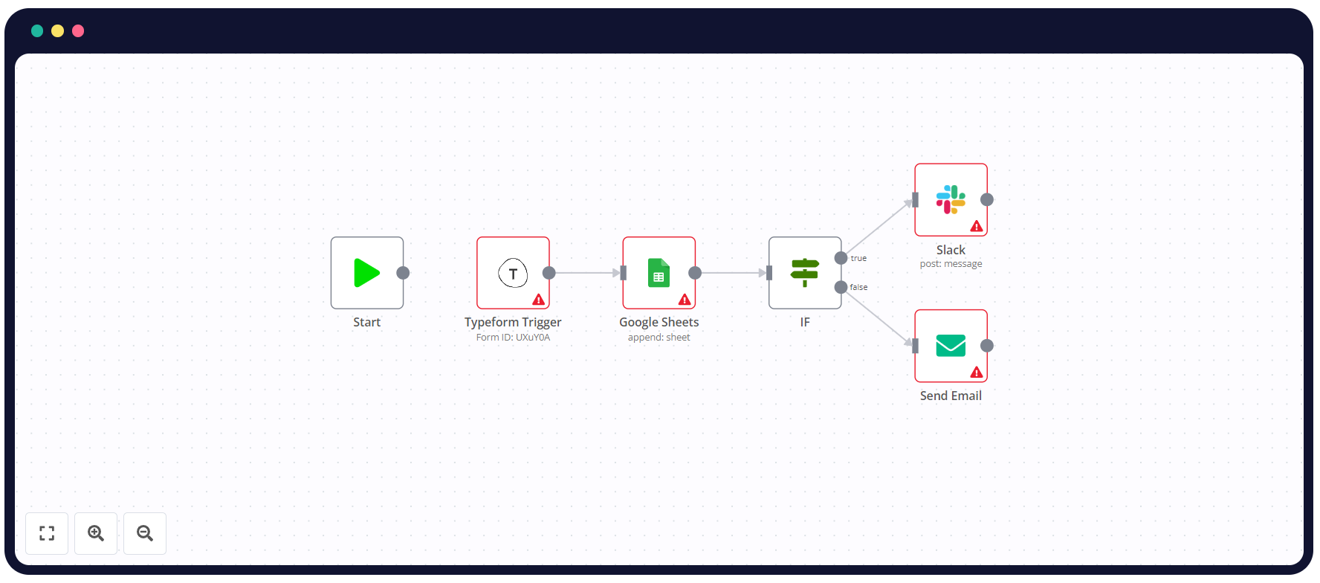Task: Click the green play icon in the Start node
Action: click(366, 273)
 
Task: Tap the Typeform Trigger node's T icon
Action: click(513, 274)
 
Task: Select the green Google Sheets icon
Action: click(659, 273)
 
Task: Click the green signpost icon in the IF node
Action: click(805, 273)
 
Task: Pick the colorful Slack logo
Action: click(951, 199)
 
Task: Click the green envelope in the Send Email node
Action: click(951, 346)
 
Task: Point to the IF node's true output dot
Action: click(841, 258)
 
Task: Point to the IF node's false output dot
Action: click(841, 287)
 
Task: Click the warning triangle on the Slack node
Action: click(977, 226)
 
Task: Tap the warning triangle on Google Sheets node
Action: click(685, 300)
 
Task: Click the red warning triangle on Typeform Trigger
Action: click(539, 300)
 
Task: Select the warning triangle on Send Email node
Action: click(977, 373)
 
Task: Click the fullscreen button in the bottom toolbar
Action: click(47, 533)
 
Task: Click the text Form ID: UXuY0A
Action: click(513, 338)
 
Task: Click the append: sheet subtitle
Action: click(659, 338)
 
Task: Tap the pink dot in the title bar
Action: click(78, 30)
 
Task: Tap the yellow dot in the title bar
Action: click(57, 30)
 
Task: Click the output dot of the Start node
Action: click(403, 273)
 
